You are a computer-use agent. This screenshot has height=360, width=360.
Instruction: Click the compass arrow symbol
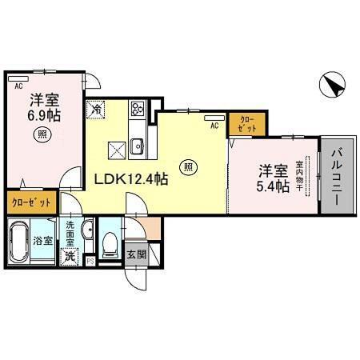tap(334, 83)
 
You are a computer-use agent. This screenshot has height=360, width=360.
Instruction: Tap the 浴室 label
tap(42, 239)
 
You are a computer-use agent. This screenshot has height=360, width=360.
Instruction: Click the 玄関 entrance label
tap(137, 256)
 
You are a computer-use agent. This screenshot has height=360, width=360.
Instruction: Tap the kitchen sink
tap(137, 146)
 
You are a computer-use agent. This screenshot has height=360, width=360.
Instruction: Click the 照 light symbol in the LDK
tap(187, 167)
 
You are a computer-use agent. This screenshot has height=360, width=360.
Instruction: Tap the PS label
tap(90, 260)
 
